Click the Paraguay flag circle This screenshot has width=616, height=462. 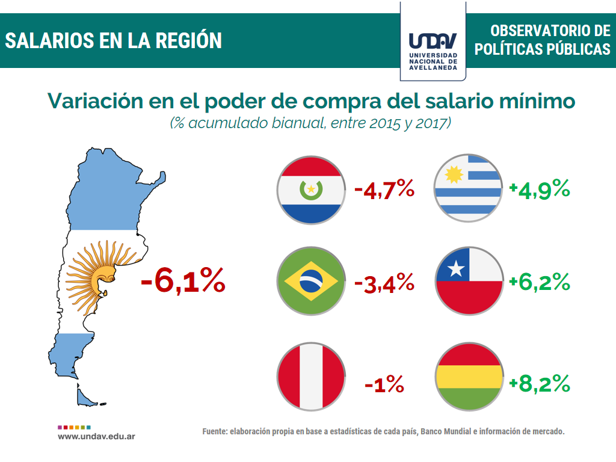(311, 190)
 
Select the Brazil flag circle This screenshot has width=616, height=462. (311, 281)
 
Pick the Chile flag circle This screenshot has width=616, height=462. (469, 281)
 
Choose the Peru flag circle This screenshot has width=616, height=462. (311, 377)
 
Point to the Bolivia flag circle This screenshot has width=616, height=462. (469, 377)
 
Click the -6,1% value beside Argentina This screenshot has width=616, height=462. (183, 281)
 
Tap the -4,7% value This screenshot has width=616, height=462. (384, 190)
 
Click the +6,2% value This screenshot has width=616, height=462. (540, 281)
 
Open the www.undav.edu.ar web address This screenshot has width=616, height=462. (96, 435)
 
